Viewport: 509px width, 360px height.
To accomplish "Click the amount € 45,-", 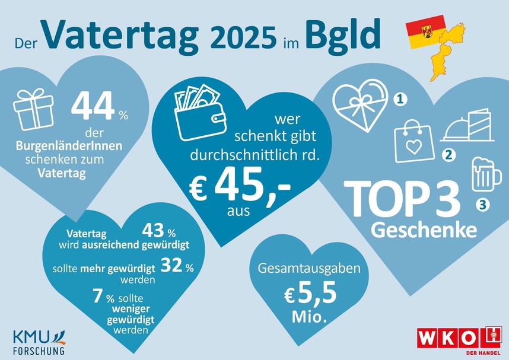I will pos(239,186).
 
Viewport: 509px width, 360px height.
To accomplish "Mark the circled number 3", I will pos(482,205).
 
